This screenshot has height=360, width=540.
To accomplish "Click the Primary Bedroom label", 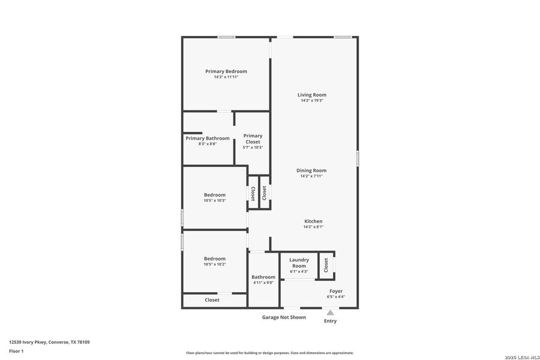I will click(226, 71).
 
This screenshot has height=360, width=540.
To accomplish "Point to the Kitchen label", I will click(313, 221).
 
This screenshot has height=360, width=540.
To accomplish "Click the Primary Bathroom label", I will click(207, 139).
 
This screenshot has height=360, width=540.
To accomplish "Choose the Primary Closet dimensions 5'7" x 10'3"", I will click(253, 148).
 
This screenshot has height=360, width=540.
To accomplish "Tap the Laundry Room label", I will click(299, 263).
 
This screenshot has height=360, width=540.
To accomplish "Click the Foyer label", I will click(336, 291).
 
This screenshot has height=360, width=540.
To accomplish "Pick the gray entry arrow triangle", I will click(330, 312).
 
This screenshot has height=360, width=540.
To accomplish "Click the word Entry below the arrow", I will click(330, 321).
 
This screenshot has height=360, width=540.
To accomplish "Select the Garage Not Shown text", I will click(284, 317).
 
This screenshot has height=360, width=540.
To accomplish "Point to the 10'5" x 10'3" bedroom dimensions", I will click(214, 200).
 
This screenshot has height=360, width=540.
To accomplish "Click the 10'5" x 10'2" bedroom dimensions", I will click(214, 265).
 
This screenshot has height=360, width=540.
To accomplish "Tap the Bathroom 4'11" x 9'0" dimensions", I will click(263, 283).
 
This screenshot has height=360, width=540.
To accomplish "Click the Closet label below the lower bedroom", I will click(212, 300).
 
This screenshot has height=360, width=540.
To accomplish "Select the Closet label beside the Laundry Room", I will click(326, 265).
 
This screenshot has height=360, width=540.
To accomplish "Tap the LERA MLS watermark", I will click(522, 357).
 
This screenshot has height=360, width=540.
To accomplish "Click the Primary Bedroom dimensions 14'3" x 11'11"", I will click(226, 77).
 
